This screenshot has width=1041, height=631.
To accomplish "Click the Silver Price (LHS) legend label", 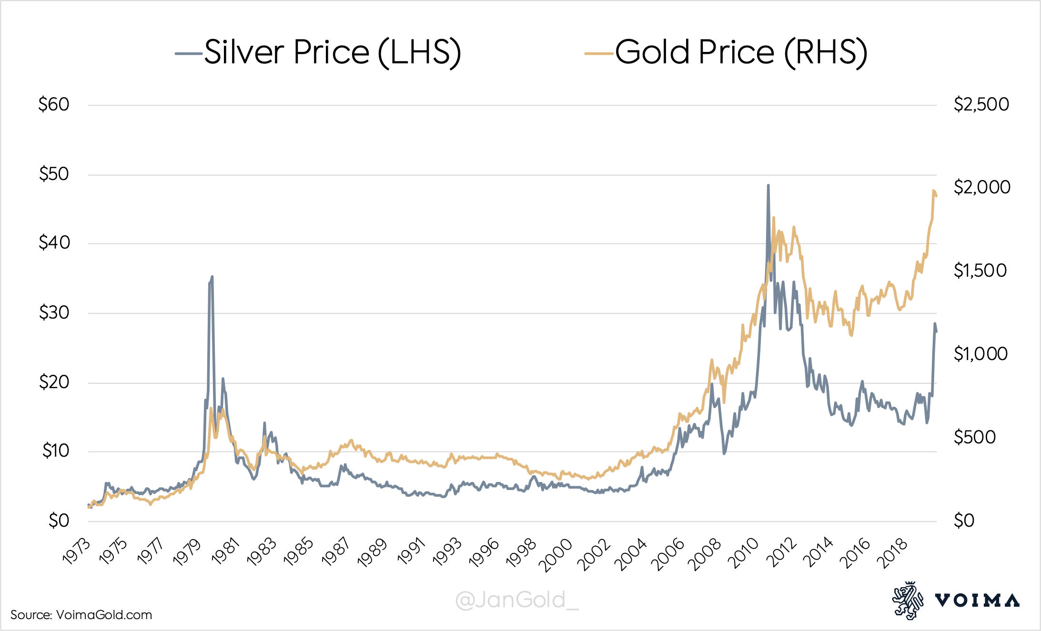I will pos(333,52).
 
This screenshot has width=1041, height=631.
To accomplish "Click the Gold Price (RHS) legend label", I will pos(741,52).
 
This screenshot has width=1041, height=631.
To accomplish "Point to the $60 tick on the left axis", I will pos(54,104).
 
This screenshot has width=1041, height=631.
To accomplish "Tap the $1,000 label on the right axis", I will pos(980,354).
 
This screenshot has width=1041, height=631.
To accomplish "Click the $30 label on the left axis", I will pos(54,313).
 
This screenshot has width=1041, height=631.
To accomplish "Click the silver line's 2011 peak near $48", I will pos(768,186).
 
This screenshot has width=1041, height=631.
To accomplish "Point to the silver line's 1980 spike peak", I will pos(212,277).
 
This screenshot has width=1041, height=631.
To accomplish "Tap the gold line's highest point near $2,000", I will pos(933,190).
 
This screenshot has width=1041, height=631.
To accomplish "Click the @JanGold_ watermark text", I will pos(517,600).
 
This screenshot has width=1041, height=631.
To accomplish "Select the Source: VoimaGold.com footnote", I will pos(81,615).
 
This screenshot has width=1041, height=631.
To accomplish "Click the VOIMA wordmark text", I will pos(977,601).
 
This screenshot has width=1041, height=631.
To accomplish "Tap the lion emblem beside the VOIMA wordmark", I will pos(907,600).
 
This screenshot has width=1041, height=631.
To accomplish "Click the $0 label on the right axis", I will pos(964,521).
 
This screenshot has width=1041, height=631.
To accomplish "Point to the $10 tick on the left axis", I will pos(55,451).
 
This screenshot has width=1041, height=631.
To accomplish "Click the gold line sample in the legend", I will pos(599,53).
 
